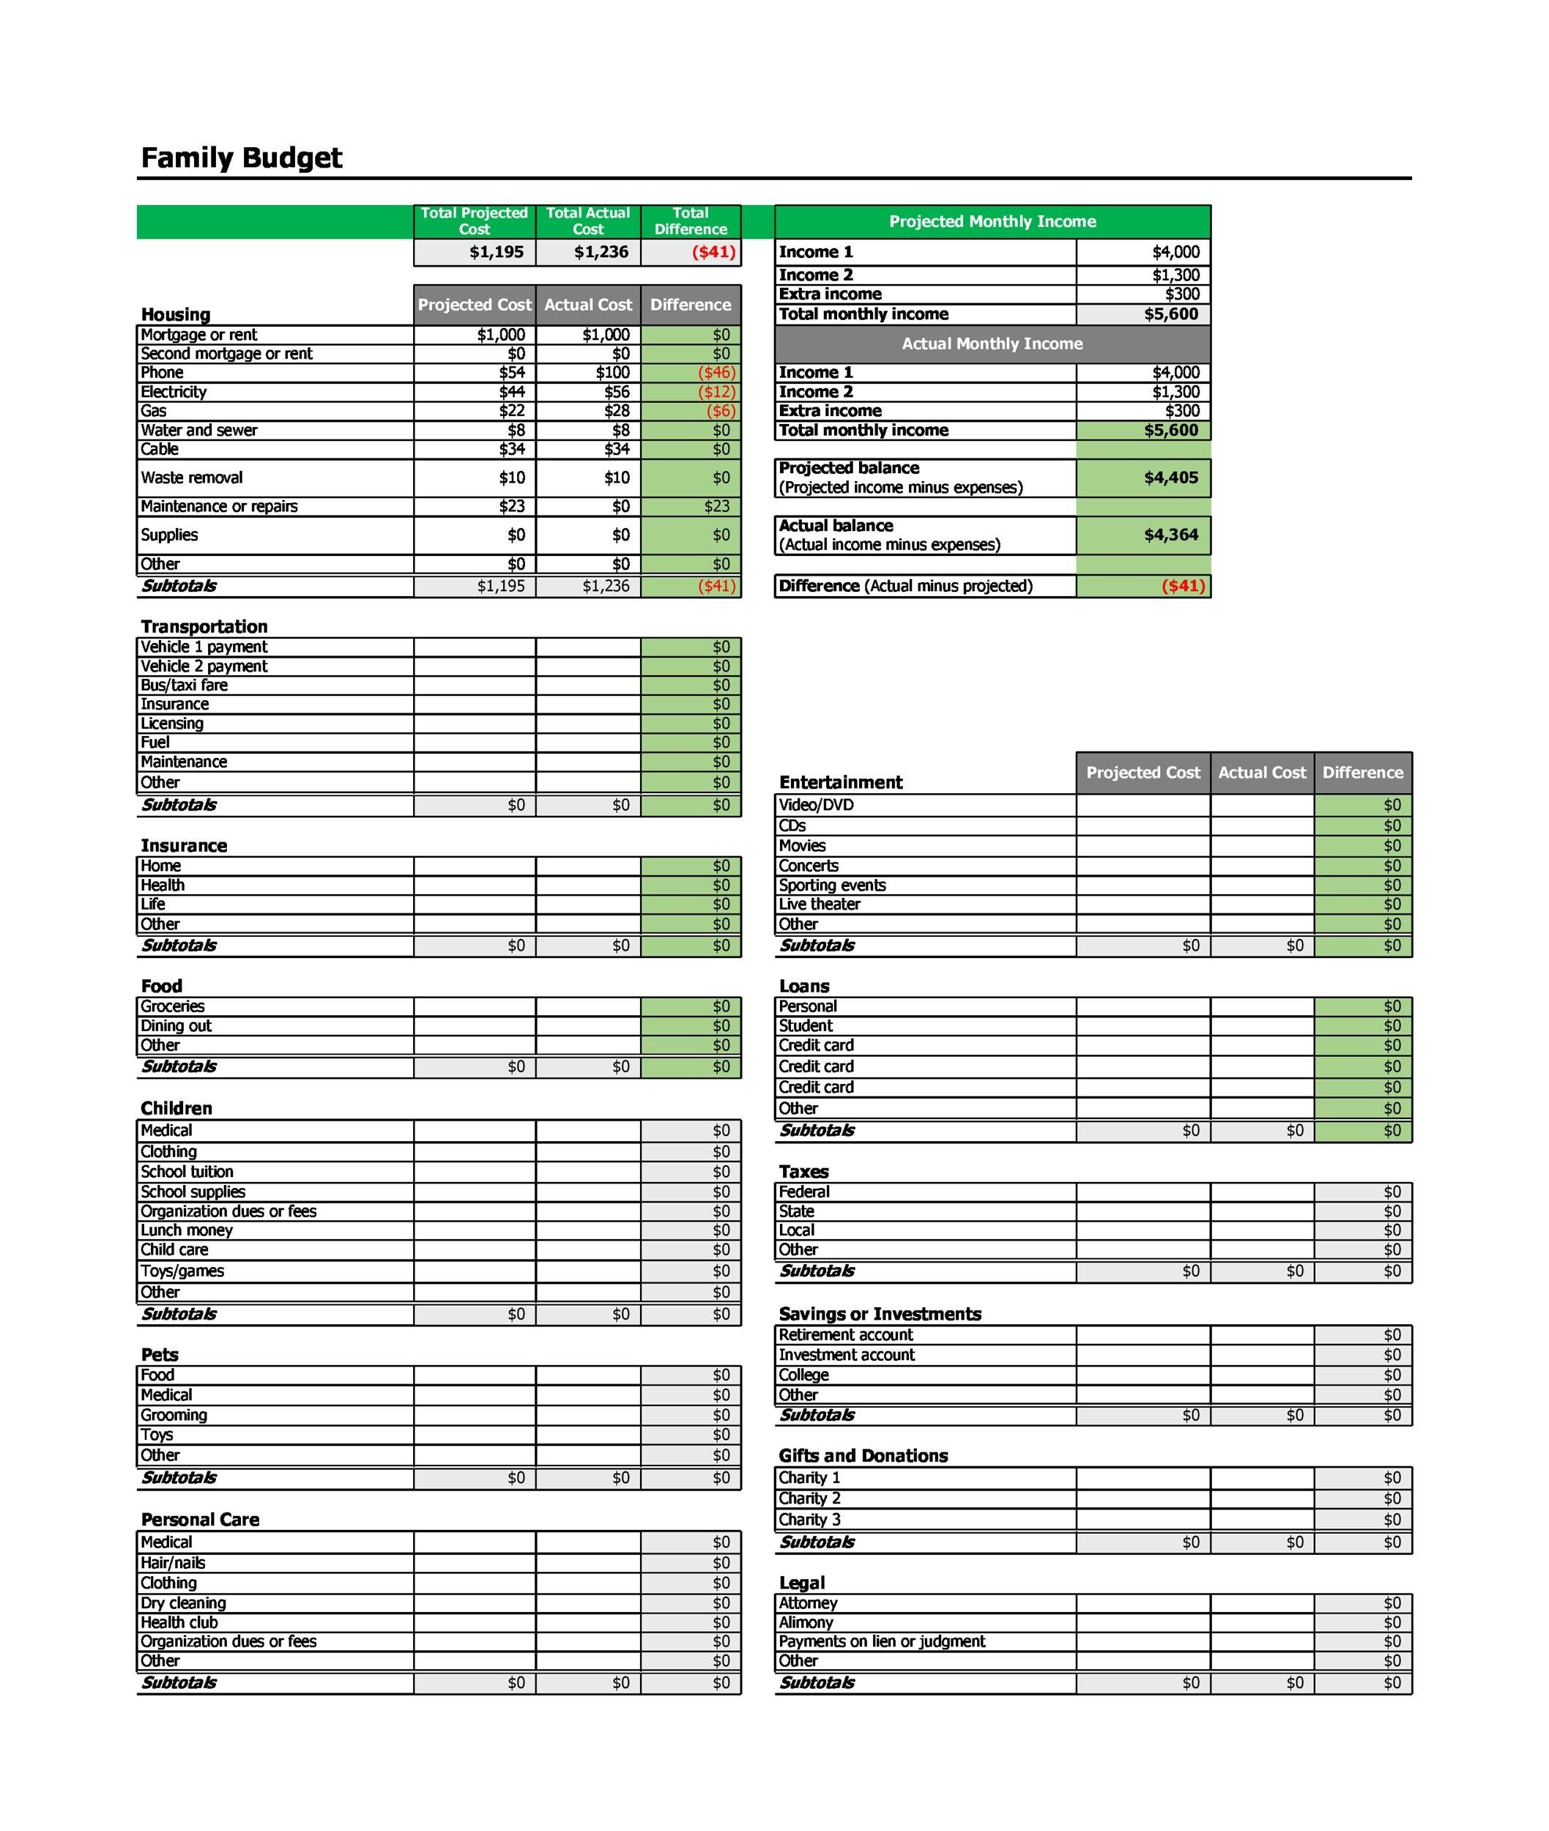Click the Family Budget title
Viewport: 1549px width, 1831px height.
[x=242, y=158]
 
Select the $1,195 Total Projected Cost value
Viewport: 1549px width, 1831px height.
[x=496, y=252]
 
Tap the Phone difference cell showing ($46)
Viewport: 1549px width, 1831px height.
[x=716, y=372]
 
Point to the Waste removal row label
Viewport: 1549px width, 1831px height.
[x=191, y=478]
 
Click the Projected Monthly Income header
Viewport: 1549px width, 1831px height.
[x=992, y=221]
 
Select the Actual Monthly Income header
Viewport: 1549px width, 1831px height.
[x=992, y=343]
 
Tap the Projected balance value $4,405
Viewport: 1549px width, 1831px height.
[x=1170, y=478]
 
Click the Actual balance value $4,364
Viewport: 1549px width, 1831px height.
[x=1170, y=535]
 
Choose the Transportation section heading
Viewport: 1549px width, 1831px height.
[x=204, y=626]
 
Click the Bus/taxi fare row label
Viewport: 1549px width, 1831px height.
[x=185, y=685]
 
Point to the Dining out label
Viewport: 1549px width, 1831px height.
[x=177, y=1025]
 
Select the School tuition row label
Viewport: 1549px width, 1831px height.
[x=187, y=1172]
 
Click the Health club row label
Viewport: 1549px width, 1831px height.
[x=179, y=1623]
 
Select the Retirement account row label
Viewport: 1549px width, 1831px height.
[x=846, y=1335]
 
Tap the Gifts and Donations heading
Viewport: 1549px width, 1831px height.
[x=863, y=1456]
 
